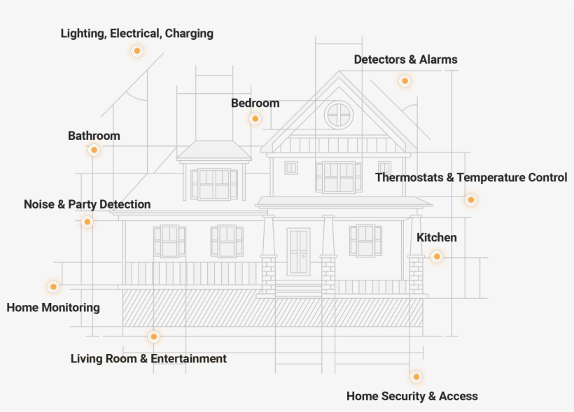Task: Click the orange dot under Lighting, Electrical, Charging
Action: pyautogui.click(x=136, y=50)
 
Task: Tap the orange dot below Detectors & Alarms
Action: pyautogui.click(x=404, y=81)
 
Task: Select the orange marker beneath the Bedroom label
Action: pyautogui.click(x=255, y=119)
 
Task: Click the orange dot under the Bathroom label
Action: pyautogui.click(x=94, y=150)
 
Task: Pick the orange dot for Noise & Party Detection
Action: pyautogui.click(x=87, y=222)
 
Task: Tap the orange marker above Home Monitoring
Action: pyautogui.click(x=52, y=287)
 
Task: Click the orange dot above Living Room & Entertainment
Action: pyautogui.click(x=153, y=336)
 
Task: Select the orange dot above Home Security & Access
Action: pyautogui.click(x=416, y=376)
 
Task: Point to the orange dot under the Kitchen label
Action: pyautogui.click(x=436, y=257)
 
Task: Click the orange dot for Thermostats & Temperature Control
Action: pyautogui.click(x=470, y=199)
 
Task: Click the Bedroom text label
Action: pyautogui.click(x=255, y=103)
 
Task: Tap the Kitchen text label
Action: pyautogui.click(x=436, y=237)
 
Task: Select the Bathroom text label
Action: pyautogui.click(x=94, y=136)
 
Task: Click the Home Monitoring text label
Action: pyautogui.click(x=53, y=307)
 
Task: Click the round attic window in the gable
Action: pyautogui.click(x=339, y=114)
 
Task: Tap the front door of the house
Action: pyautogui.click(x=298, y=251)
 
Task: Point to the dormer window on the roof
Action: pyautogui.click(x=213, y=183)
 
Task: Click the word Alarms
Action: pyautogui.click(x=438, y=59)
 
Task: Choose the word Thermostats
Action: pyautogui.click(x=409, y=177)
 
